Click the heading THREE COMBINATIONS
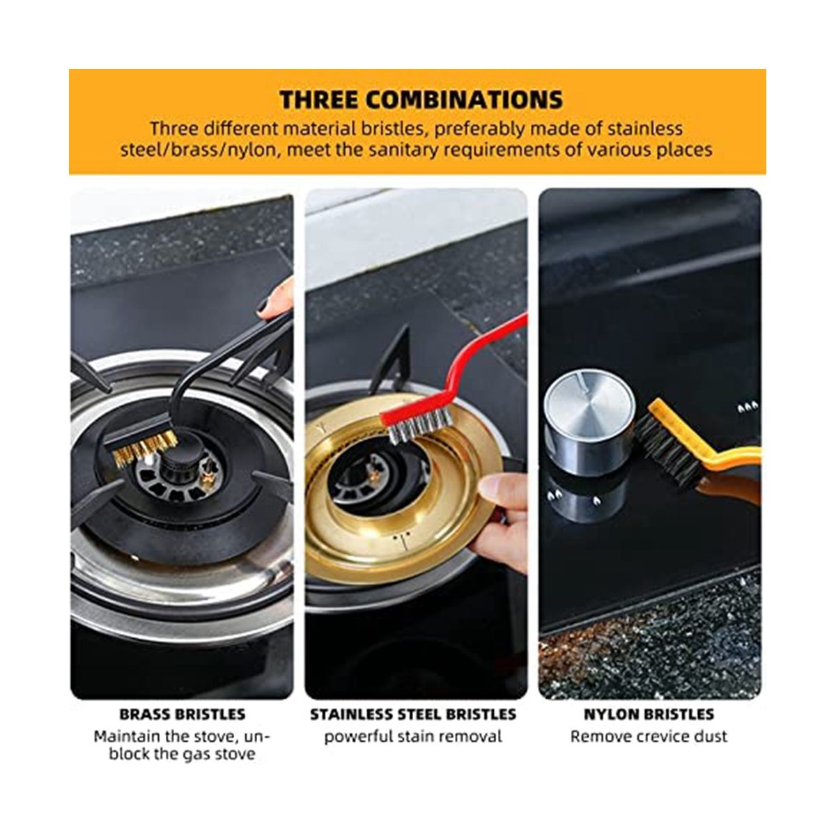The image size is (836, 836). point(421,100)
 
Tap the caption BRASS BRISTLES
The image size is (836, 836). point(183,713)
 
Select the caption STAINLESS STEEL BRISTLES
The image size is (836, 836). point(413,713)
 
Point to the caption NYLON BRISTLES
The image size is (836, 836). point(649,713)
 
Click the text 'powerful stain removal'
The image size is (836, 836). point(413,736)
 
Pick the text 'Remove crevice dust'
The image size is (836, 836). point(649,736)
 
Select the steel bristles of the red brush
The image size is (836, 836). point(419,429)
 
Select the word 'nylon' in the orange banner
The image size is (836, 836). point(254,150)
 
